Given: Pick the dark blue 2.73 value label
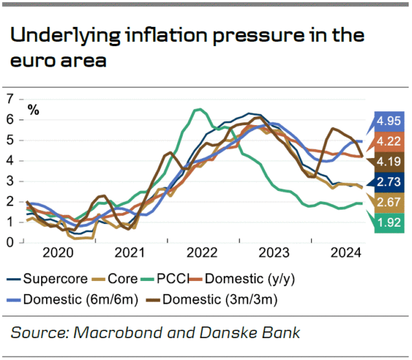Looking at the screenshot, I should click(x=388, y=182).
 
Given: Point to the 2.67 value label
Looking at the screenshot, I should click(x=388, y=201).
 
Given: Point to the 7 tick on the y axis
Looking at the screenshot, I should click(x=9, y=99).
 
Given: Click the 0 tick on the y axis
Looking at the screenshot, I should click(x=9, y=243).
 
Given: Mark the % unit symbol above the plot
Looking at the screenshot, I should click(x=33, y=110).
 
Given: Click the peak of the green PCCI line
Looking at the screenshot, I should click(x=198, y=109).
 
